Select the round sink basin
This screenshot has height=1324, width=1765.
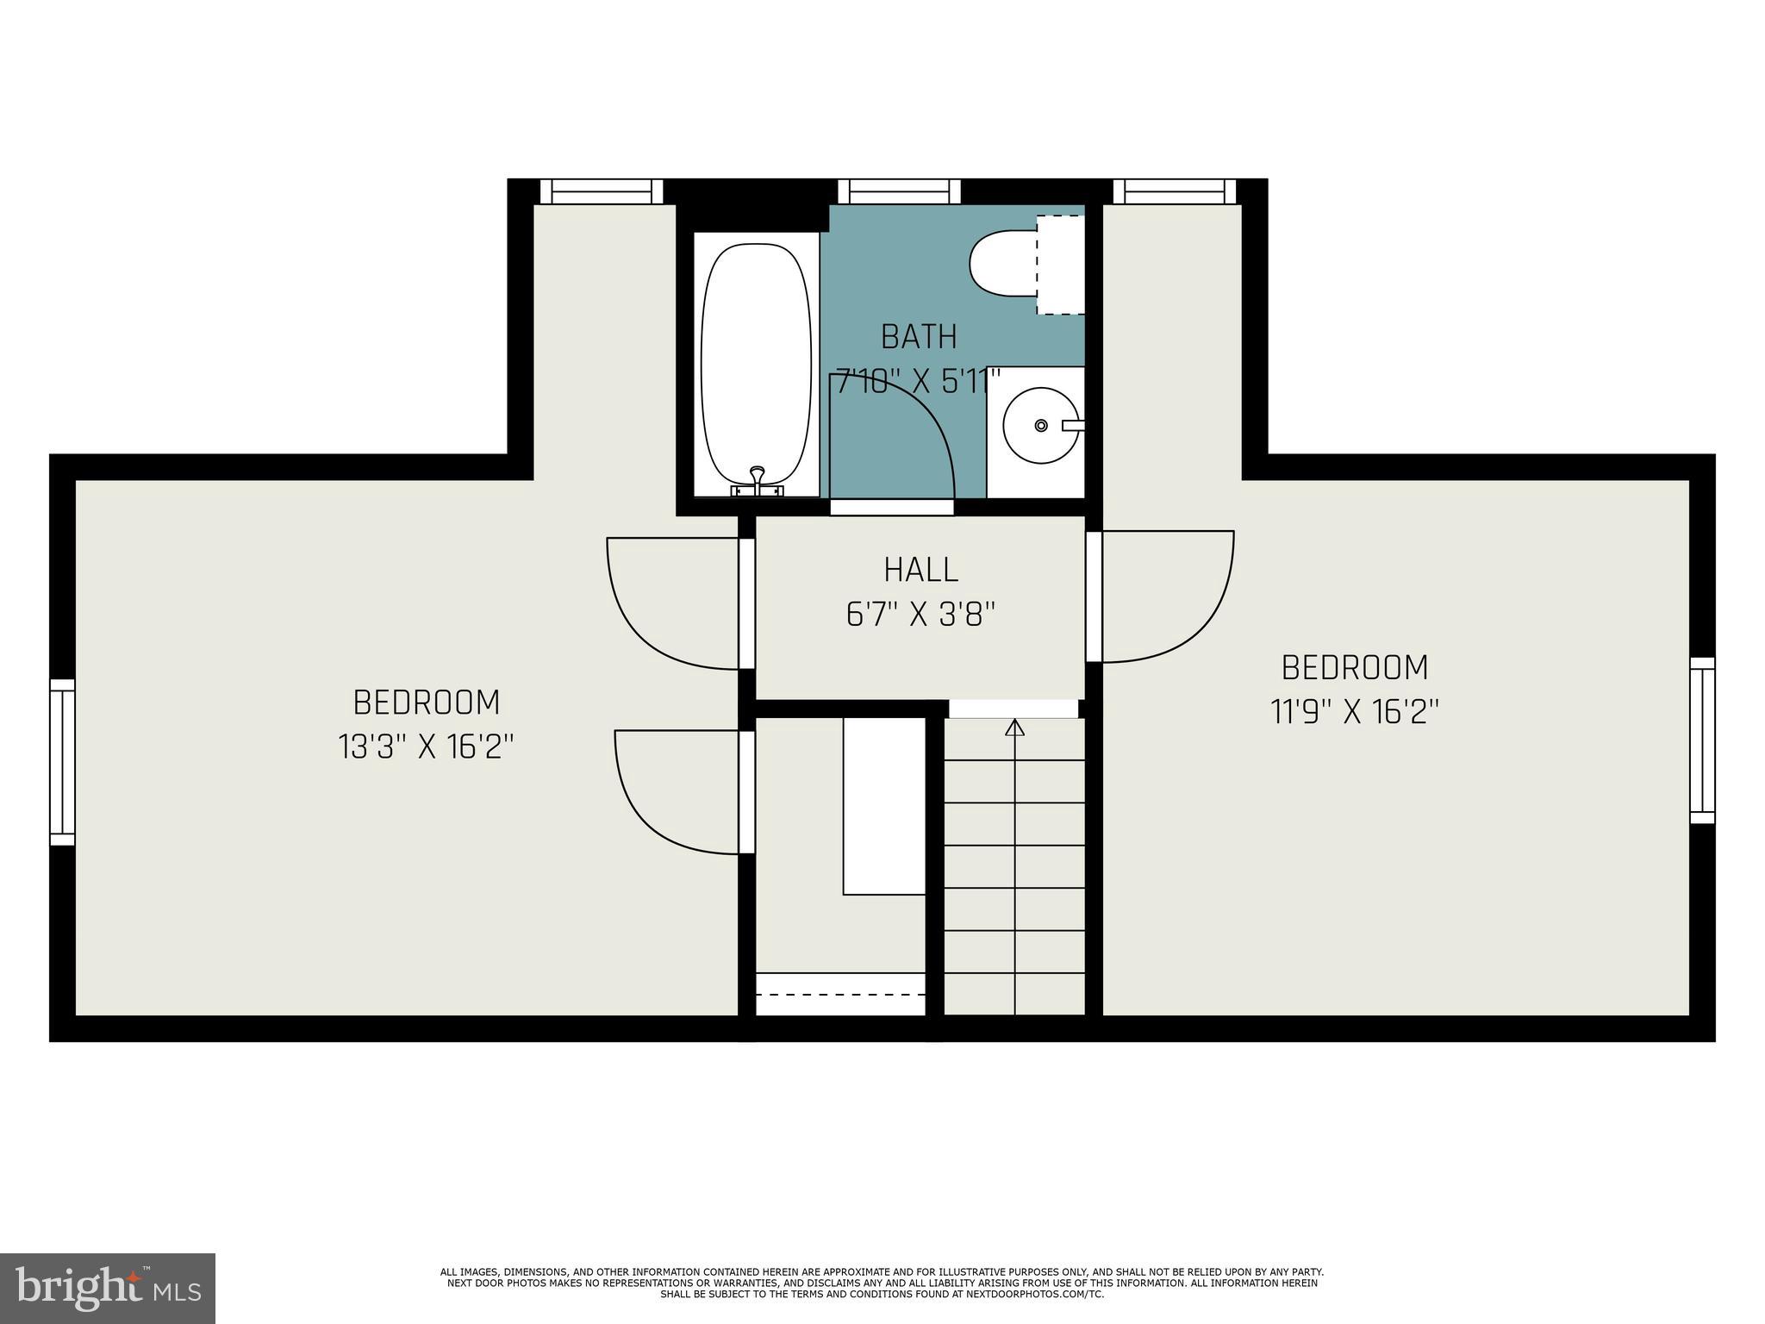(x=1040, y=425)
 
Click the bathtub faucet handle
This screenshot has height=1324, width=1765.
(x=758, y=477)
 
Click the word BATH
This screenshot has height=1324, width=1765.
(x=919, y=337)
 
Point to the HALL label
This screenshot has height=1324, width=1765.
(x=920, y=570)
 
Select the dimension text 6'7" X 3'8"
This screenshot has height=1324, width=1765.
(x=920, y=615)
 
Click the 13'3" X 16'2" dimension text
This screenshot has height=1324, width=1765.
(x=427, y=746)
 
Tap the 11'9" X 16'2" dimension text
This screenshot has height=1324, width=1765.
(x=1355, y=712)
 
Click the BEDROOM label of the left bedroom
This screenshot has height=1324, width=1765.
(x=427, y=703)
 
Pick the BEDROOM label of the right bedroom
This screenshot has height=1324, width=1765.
(x=1355, y=668)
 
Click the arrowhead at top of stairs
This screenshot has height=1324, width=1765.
(x=1015, y=728)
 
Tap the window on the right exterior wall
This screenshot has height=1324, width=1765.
(x=1701, y=740)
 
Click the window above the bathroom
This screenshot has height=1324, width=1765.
(x=899, y=191)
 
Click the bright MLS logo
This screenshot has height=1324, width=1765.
(x=108, y=1290)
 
